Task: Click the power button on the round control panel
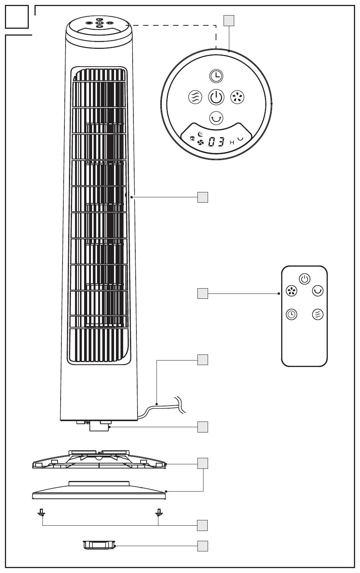[216, 97]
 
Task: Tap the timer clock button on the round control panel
[216, 76]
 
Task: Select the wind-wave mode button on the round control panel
[195, 97]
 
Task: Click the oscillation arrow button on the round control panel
[216, 119]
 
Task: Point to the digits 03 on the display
[216, 142]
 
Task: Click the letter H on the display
[232, 142]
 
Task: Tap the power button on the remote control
[305, 279]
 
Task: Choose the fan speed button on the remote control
[291, 291]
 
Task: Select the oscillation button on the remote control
[318, 291]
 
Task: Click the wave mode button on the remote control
[318, 314]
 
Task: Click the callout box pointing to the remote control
[203, 294]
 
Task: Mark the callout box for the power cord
[203, 360]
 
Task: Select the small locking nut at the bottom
[99, 545]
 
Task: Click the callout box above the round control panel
[229, 21]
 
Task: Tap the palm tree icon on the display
[193, 138]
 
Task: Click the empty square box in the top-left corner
[17, 17]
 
